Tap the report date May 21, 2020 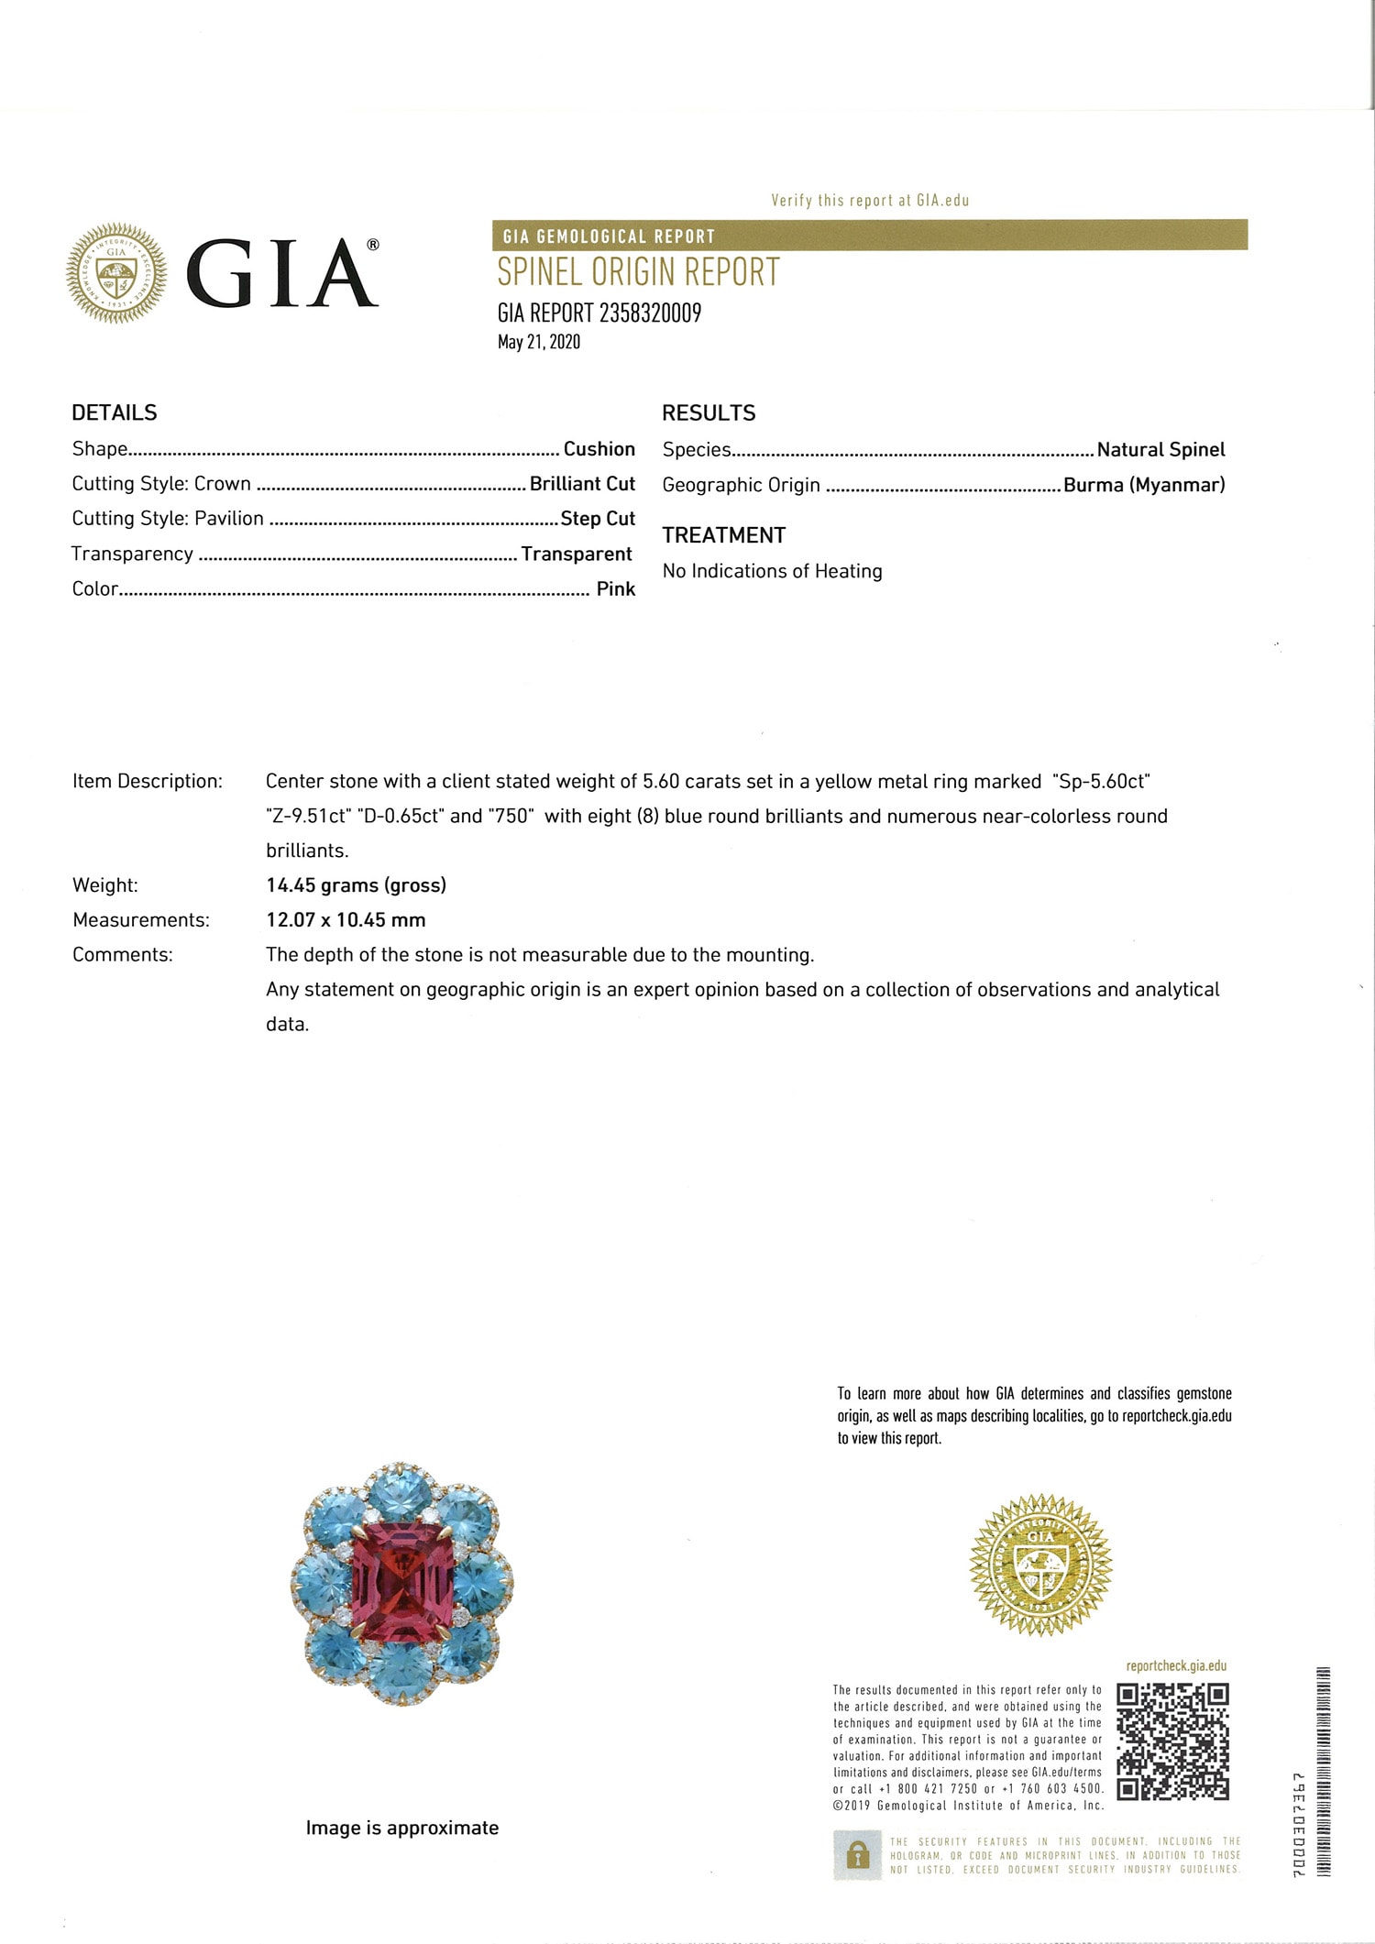click(539, 342)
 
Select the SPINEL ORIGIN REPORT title click(638, 272)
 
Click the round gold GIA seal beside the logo click(116, 273)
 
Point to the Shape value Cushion click(599, 449)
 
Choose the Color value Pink click(615, 589)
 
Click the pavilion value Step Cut click(598, 519)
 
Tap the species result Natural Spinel click(1160, 450)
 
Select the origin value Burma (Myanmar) click(1144, 485)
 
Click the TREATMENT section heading click(724, 535)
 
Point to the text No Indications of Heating click(772, 571)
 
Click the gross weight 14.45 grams click(356, 885)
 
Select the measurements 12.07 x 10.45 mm click(346, 920)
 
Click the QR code click(1172, 1741)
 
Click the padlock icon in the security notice click(857, 1855)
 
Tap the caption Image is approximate click(402, 1829)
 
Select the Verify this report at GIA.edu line click(870, 201)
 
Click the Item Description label click(148, 782)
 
